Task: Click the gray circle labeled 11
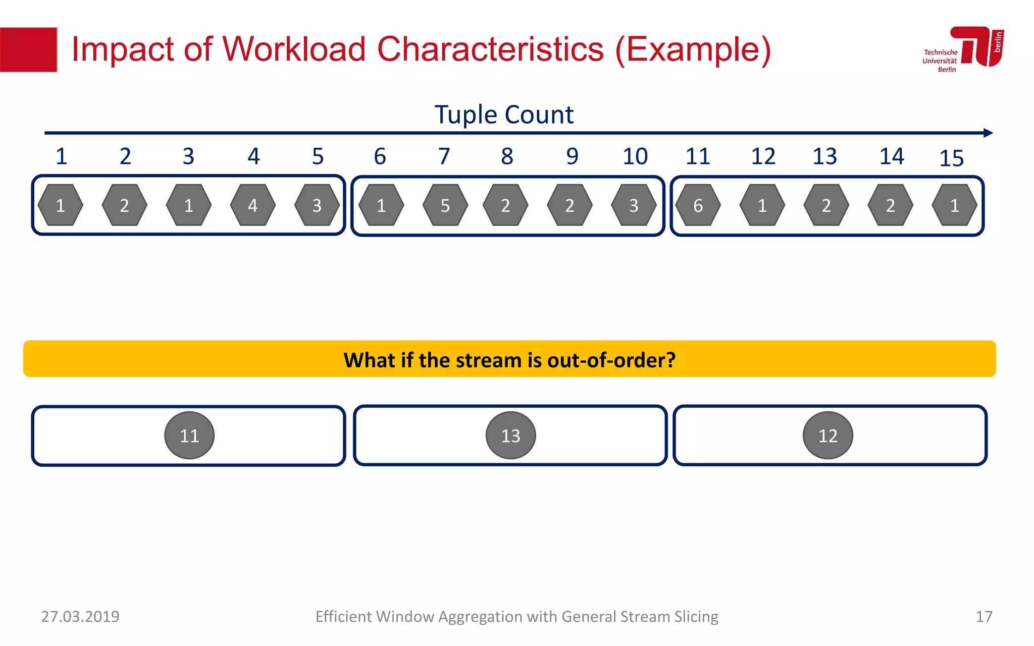point(189,435)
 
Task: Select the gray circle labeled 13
point(510,435)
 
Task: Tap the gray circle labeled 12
point(828,435)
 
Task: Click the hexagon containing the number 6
point(698,205)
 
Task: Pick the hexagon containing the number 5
point(445,205)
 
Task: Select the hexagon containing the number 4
point(252,205)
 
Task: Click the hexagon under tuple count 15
point(954,205)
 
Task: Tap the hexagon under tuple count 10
point(634,205)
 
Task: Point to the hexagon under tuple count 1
point(61,205)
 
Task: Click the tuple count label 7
point(444,156)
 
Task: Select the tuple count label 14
point(892,156)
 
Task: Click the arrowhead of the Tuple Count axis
point(988,133)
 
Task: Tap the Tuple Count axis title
point(504,115)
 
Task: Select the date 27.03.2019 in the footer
point(80,616)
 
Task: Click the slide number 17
point(984,616)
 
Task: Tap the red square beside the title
point(28,49)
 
